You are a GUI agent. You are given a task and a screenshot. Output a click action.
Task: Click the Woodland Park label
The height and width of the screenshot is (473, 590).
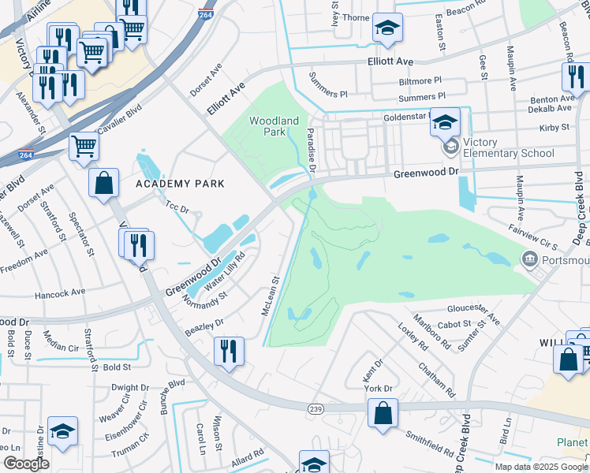pyautogui.click(x=274, y=126)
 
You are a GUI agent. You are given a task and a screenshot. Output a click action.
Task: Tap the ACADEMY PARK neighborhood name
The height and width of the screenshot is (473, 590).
pyautogui.click(x=180, y=184)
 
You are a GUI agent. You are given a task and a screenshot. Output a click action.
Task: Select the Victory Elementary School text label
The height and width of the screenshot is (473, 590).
pyautogui.click(x=508, y=147)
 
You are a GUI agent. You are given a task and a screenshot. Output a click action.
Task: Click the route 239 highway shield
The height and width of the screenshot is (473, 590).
pyautogui.click(x=316, y=408)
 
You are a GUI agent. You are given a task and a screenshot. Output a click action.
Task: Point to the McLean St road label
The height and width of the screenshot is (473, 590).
pyautogui.click(x=271, y=295)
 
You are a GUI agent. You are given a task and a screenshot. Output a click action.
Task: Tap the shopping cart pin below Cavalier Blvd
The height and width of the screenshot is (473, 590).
pyautogui.click(x=84, y=146)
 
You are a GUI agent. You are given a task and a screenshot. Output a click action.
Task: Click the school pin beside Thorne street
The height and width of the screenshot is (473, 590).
pyautogui.click(x=386, y=29)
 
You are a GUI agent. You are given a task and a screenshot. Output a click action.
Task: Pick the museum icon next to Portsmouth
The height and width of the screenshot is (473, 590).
pyautogui.click(x=528, y=259)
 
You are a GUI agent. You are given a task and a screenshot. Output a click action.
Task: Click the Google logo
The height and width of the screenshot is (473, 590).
pyautogui.click(x=26, y=464)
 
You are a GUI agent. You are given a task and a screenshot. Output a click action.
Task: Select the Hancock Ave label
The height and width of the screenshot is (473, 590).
pyautogui.click(x=60, y=292)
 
